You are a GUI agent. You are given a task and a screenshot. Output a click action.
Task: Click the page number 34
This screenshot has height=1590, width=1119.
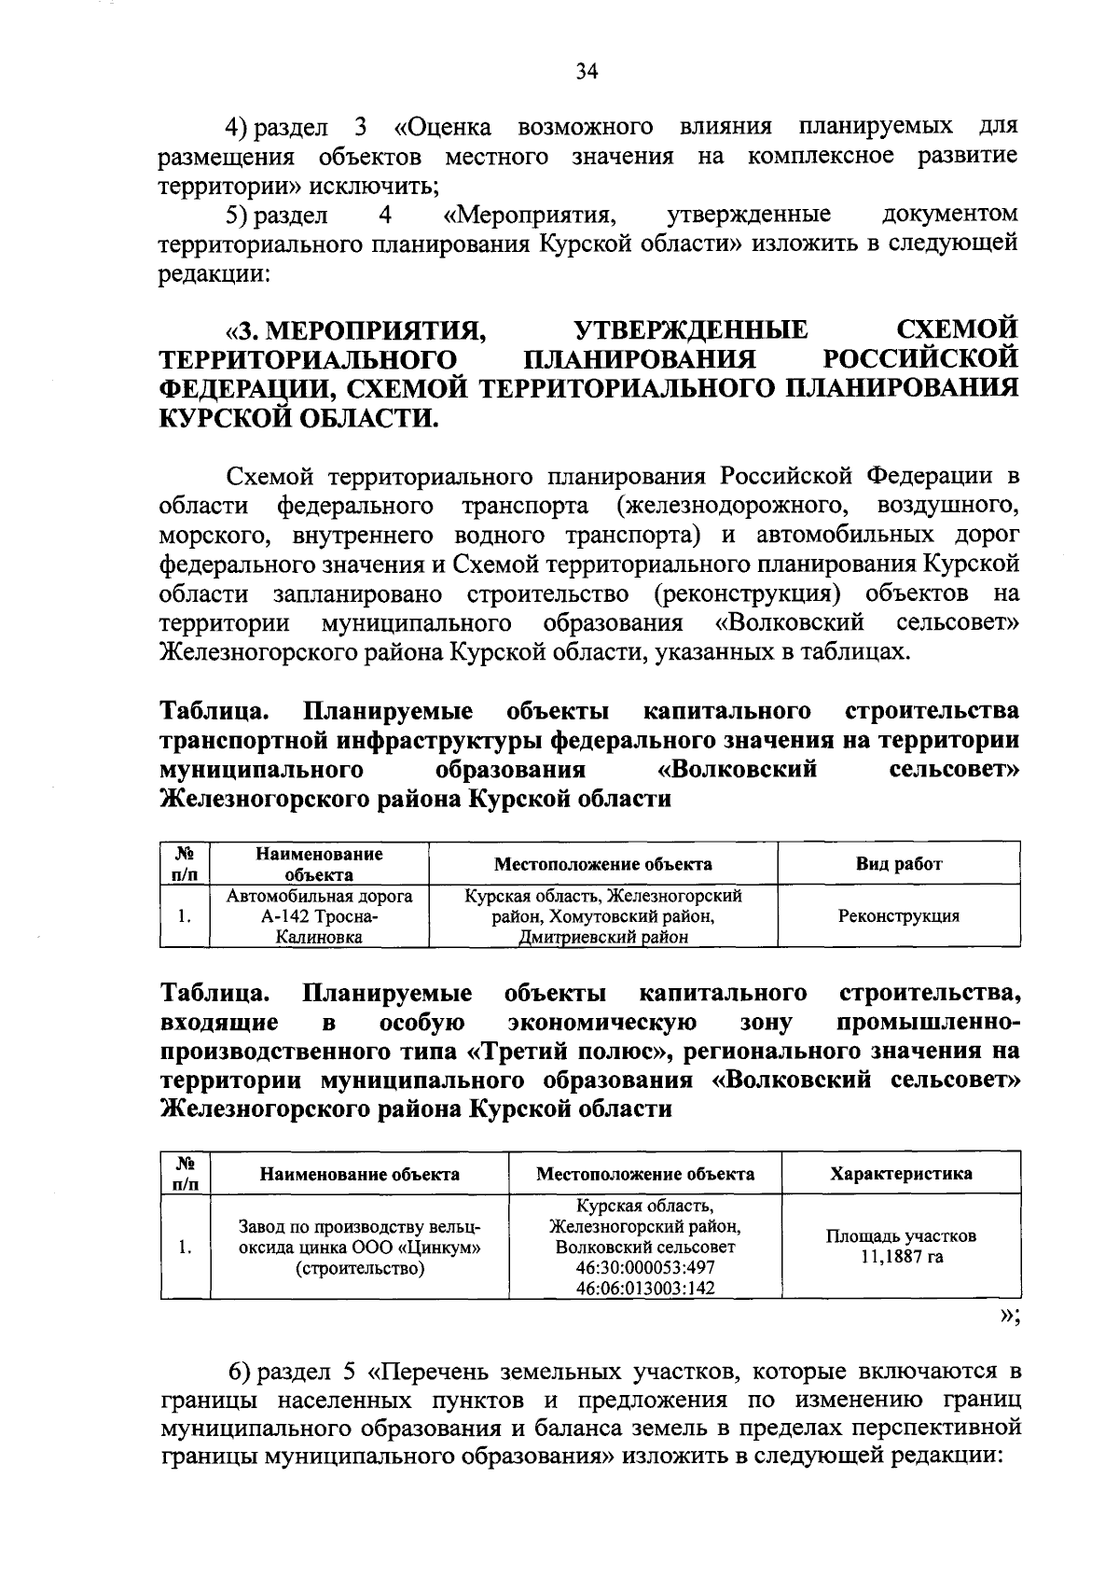coord(586,72)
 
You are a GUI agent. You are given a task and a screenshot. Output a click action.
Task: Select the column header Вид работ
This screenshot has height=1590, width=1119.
coord(899,864)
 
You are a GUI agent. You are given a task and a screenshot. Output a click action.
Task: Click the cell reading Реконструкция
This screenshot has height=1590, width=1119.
coord(899,916)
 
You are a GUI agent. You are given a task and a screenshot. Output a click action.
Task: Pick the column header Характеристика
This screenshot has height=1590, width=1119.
coord(901,1174)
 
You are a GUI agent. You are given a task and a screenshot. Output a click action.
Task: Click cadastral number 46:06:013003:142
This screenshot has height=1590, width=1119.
coord(645,1289)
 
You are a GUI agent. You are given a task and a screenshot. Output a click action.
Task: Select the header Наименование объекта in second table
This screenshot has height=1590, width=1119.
coord(359,1174)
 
